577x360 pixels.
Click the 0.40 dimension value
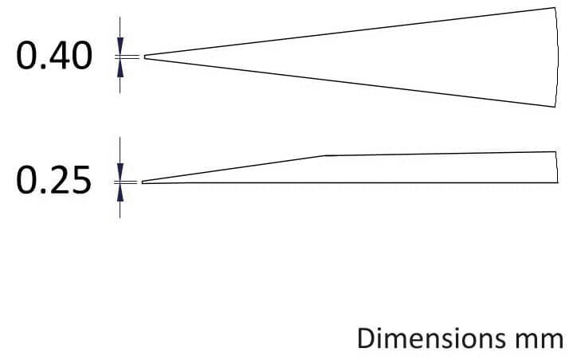54,56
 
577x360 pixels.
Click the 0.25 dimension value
53,180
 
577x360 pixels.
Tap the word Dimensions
431,338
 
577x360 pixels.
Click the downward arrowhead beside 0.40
120,46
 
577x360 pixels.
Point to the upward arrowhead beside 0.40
120,68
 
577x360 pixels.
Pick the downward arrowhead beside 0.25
120,172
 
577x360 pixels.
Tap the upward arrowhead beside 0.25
120,193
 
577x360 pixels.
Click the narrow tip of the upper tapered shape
144,57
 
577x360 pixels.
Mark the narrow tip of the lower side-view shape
143,182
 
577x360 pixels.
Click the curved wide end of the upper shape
558,57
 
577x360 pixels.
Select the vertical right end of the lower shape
556,167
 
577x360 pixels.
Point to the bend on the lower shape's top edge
324,155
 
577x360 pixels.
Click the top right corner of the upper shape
555,7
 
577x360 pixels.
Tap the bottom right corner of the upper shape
555,107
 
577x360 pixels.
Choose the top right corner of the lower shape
555,151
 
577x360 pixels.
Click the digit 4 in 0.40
58,56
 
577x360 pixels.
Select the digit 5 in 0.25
80,180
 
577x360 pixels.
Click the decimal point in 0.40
42,66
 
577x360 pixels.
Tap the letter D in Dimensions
367,338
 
